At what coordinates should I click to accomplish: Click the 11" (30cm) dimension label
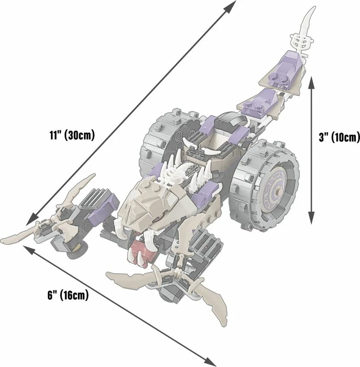tap(72, 135)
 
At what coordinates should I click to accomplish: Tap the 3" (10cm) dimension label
tap(339, 137)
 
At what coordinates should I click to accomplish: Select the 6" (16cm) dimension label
tap(68, 295)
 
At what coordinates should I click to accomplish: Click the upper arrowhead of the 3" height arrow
tap(311, 82)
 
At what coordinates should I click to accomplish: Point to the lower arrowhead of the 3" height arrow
tap(311, 218)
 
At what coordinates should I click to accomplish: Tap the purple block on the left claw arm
tap(103, 208)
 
